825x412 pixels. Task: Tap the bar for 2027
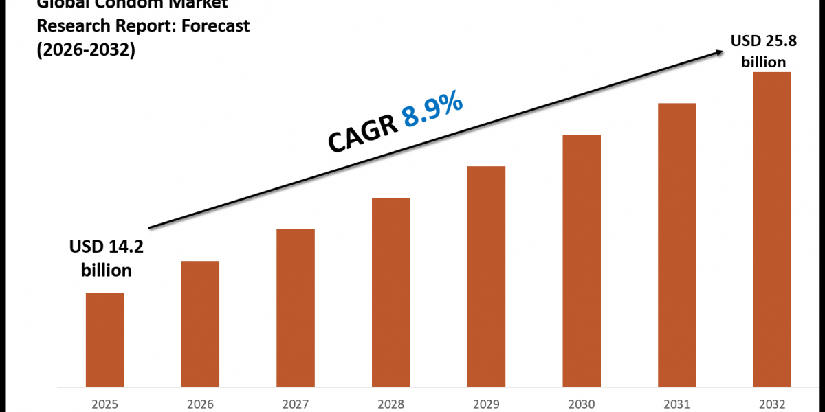click(296, 307)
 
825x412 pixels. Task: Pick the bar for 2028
click(390, 291)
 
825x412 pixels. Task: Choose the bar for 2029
click(486, 275)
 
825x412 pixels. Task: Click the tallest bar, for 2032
click(772, 228)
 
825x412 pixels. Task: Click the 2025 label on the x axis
click(104, 404)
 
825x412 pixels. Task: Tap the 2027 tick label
click(296, 404)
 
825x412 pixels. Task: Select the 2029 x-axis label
click(486, 404)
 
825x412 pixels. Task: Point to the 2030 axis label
click(582, 404)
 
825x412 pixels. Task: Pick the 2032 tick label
click(772, 404)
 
